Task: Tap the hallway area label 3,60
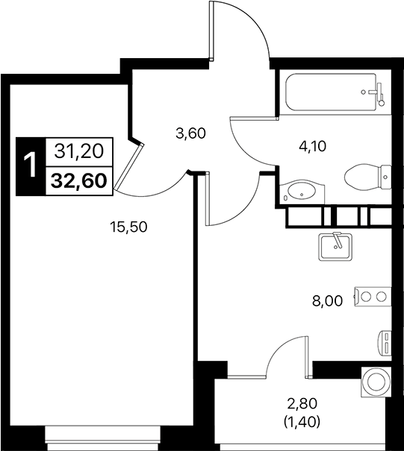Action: click(190, 134)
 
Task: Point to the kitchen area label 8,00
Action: click(328, 301)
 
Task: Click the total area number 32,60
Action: click(78, 180)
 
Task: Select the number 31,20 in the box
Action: click(78, 152)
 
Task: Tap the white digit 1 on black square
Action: click(31, 166)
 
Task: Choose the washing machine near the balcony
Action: click(376, 381)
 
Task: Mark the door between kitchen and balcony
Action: click(288, 356)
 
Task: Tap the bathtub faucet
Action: click(378, 92)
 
